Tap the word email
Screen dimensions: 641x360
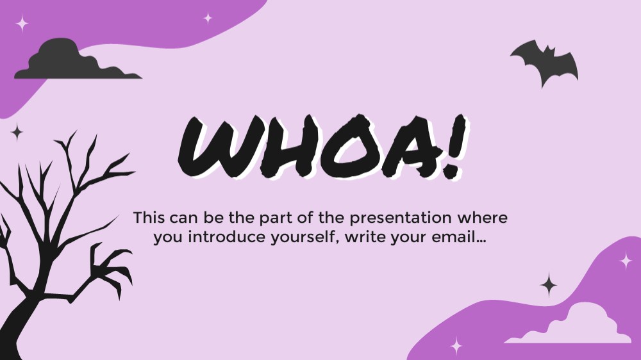pyautogui.click(x=454, y=237)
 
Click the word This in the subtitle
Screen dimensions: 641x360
pyautogui.click(x=149, y=217)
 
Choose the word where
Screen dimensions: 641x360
pyautogui.click(x=483, y=217)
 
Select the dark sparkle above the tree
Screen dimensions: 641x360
pyautogui.click(x=17, y=131)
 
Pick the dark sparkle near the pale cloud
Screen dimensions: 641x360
pyautogui.click(x=549, y=284)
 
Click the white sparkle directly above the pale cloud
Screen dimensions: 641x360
pyautogui.click(x=626, y=261)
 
